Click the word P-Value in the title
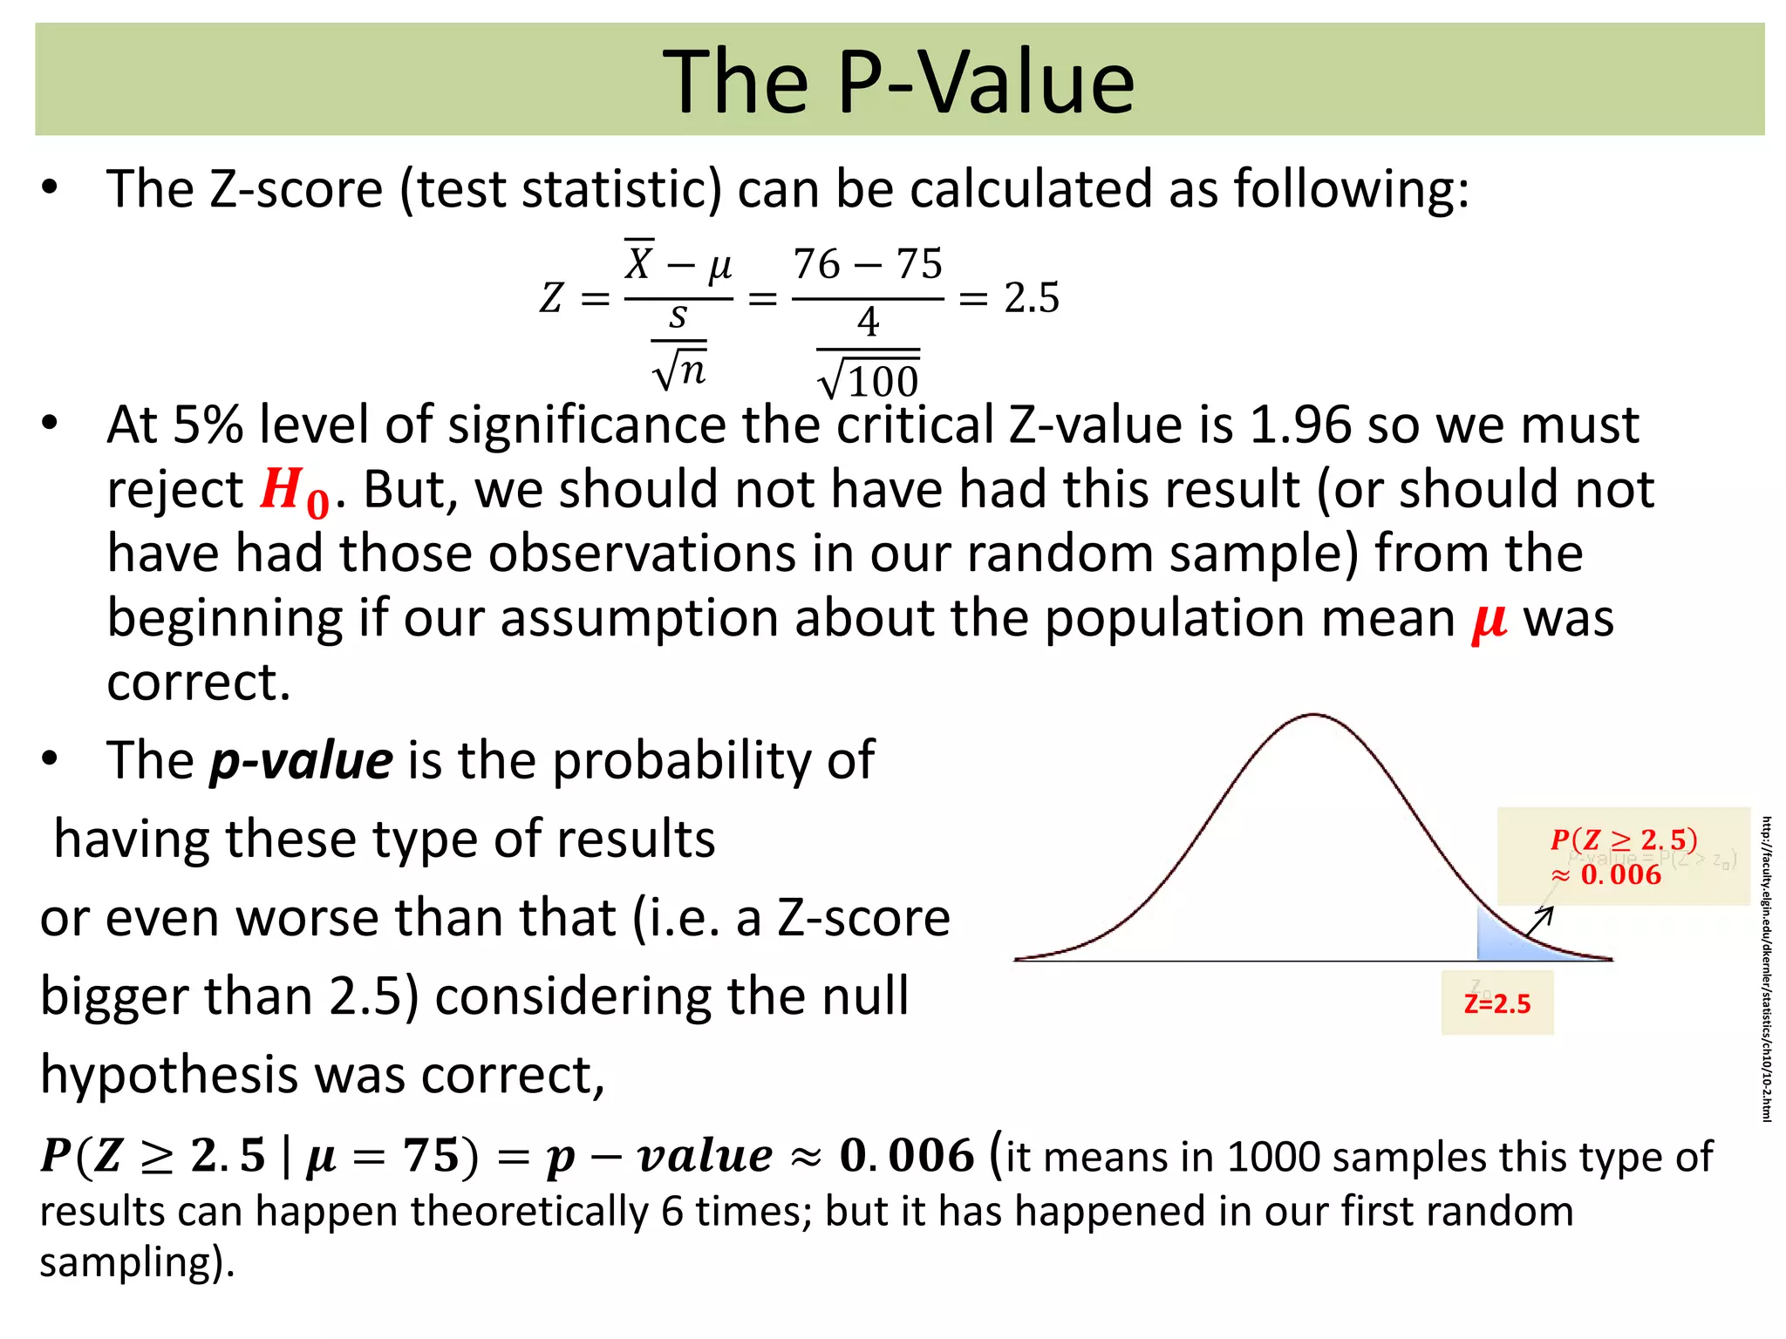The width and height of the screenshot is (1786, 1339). [985, 82]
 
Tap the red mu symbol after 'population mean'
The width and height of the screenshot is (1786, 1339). [1489, 621]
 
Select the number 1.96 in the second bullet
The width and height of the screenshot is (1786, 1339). [1299, 425]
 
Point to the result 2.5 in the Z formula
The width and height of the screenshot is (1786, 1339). [1032, 298]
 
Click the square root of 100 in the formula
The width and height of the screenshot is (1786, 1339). [869, 378]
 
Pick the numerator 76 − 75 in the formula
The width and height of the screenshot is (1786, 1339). [868, 264]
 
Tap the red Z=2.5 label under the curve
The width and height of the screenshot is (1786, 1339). [1496, 1004]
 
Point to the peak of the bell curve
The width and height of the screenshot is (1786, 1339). [1313, 717]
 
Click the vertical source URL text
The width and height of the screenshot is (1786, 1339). [1766, 968]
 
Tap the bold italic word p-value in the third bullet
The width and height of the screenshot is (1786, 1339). [301, 760]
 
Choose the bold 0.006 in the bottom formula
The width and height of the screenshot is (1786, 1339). [906, 1157]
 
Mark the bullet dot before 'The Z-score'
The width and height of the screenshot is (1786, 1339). [50, 188]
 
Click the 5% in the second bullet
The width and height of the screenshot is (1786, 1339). [208, 425]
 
